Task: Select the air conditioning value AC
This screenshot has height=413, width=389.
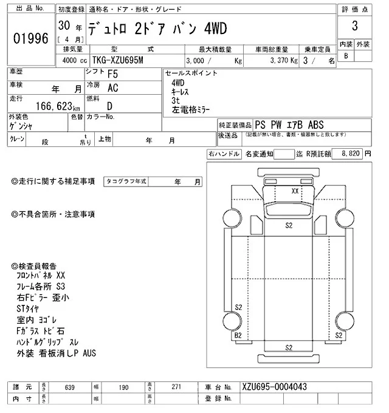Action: (x=113, y=88)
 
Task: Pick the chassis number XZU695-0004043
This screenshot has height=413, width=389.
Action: (x=274, y=386)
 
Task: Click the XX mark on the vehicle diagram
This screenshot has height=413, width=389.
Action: (x=295, y=191)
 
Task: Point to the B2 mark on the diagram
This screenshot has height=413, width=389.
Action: (x=238, y=335)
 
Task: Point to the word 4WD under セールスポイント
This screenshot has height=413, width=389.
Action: (x=178, y=82)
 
